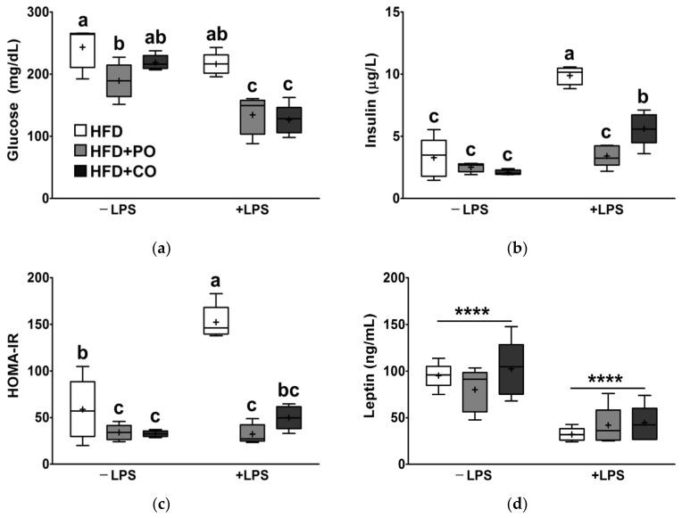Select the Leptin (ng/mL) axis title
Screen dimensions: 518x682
370,372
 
